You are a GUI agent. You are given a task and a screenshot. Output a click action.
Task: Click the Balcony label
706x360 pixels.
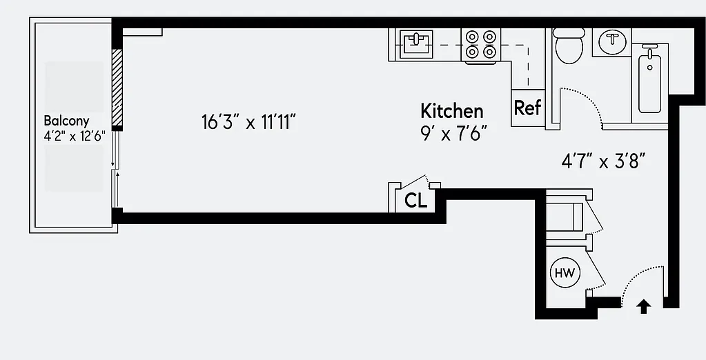(66, 120)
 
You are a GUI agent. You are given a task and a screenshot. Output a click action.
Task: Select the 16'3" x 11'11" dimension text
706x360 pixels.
(248, 123)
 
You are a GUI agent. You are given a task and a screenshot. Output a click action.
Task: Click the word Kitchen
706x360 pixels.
(452, 110)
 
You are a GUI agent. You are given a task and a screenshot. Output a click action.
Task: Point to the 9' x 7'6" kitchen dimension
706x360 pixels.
(459, 132)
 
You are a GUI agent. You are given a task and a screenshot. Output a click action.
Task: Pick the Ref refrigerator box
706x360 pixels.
(528, 108)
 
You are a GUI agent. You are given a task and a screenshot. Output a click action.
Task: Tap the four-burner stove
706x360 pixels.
(481, 43)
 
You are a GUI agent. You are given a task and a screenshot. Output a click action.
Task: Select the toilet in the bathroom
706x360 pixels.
(569, 45)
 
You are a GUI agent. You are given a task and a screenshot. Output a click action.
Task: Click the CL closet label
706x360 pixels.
(415, 201)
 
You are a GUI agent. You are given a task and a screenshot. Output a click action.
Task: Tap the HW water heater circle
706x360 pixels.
(565, 273)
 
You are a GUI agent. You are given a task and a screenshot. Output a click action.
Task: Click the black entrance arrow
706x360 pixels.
(643, 306)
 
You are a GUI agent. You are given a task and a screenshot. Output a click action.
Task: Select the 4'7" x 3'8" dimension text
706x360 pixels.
(603, 162)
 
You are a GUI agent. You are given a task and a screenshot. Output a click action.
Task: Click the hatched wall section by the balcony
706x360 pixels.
(117, 88)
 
